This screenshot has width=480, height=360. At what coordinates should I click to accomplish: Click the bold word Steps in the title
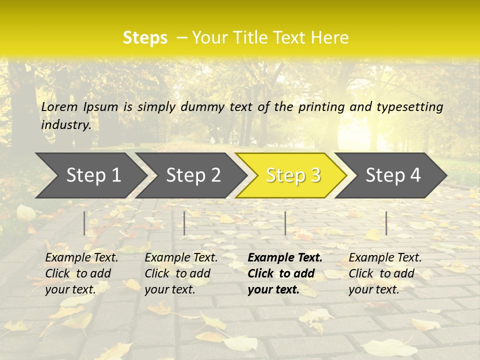[145, 38]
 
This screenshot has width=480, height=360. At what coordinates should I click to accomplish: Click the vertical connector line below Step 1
[84, 223]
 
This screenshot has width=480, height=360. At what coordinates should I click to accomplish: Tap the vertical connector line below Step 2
[184, 223]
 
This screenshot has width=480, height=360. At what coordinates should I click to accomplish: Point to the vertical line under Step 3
[285, 223]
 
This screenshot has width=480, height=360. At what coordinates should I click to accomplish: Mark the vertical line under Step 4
[386, 223]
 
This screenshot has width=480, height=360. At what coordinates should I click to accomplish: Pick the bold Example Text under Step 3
[285, 258]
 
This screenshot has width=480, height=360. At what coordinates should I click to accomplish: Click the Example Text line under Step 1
[81, 258]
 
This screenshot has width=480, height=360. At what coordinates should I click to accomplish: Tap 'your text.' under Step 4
[373, 289]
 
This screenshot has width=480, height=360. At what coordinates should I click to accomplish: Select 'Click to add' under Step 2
[177, 273]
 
